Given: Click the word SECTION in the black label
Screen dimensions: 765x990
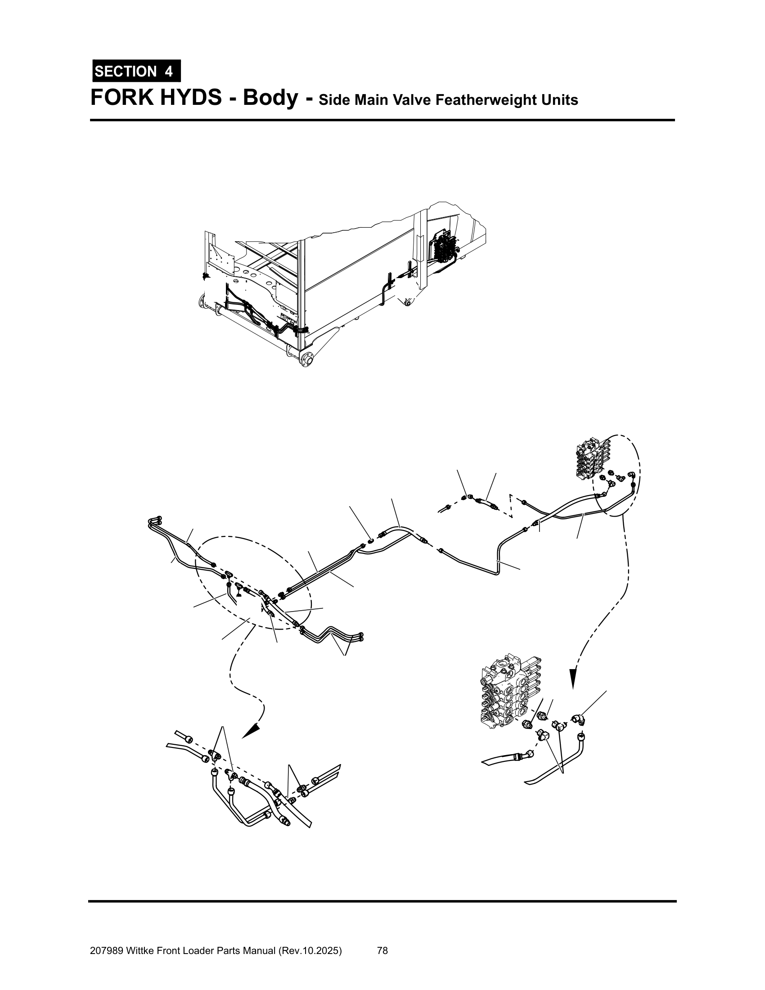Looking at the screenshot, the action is click(x=126, y=72).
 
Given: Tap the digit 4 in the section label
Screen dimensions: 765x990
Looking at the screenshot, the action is click(x=169, y=72).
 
